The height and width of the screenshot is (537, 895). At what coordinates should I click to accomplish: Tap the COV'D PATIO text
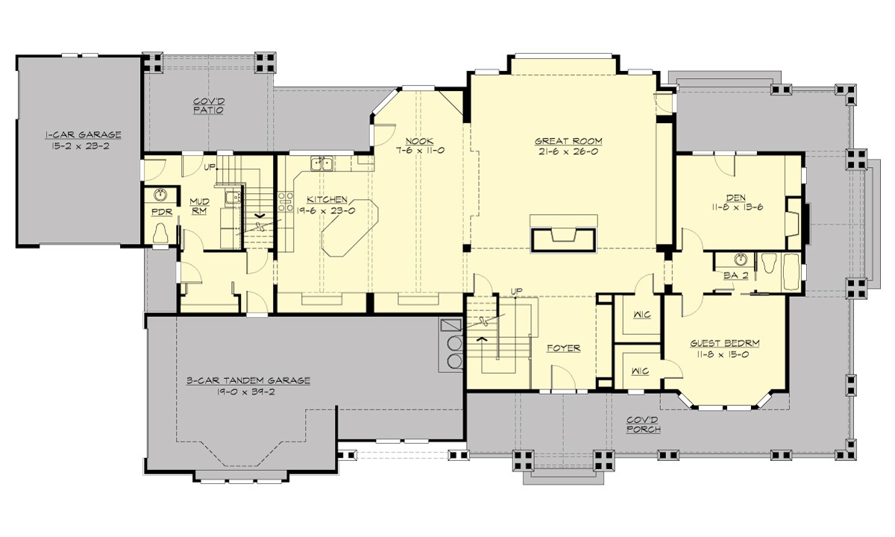(x=208, y=106)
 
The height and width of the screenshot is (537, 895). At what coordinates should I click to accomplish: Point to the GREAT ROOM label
(x=568, y=141)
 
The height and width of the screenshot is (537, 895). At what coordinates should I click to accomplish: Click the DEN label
(x=736, y=198)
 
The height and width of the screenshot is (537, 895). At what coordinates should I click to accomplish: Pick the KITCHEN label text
(x=327, y=199)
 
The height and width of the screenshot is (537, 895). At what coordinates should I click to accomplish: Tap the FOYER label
(x=563, y=348)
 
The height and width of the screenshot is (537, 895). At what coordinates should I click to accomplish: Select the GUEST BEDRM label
(x=724, y=344)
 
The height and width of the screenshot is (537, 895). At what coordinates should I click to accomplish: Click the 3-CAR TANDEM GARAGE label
(x=248, y=380)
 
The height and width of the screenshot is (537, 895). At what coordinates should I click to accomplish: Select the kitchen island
(x=348, y=227)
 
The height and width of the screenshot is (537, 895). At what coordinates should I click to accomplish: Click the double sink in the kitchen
(x=322, y=162)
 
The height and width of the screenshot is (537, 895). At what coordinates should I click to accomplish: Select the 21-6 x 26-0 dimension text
(x=568, y=151)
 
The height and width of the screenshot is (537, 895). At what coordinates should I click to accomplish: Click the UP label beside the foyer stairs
(x=515, y=291)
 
